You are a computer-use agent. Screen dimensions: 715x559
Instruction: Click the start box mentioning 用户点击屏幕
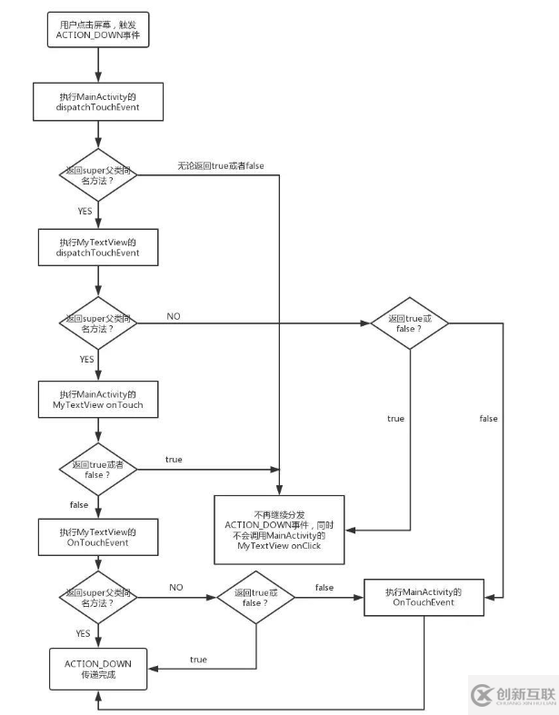coord(97,30)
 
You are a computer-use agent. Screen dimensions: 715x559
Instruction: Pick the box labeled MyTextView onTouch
coord(98,400)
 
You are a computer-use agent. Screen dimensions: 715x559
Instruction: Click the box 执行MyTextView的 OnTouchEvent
coord(98,536)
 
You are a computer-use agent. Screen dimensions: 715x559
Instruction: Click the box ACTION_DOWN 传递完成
coord(97,670)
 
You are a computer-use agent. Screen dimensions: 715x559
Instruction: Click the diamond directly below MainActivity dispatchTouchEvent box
coord(98,174)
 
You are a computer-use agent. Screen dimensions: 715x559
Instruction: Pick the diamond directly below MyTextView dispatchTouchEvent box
coord(98,323)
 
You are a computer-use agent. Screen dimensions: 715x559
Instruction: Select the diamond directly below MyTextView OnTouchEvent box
coord(98,598)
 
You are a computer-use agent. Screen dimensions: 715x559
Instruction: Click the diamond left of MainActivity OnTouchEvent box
coord(257,598)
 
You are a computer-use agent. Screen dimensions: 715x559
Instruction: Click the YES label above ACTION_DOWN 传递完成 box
coord(83,633)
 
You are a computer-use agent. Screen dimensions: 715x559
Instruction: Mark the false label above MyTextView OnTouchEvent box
coord(79,502)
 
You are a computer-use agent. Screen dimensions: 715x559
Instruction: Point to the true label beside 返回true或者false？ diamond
coord(173,460)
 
